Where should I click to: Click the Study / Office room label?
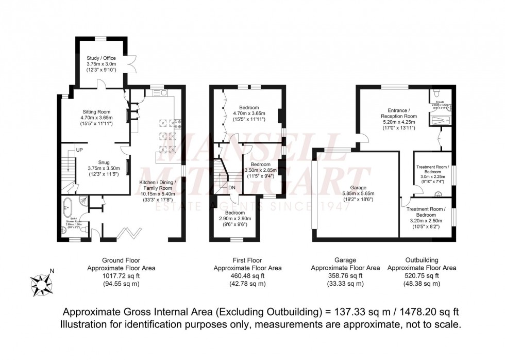[x=101, y=58]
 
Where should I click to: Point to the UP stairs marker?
[x=79, y=150]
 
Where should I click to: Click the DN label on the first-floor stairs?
[x=232, y=188]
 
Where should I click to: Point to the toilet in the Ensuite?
[x=437, y=93]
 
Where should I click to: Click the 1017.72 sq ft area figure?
[x=121, y=276]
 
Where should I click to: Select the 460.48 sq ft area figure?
[x=248, y=276]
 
